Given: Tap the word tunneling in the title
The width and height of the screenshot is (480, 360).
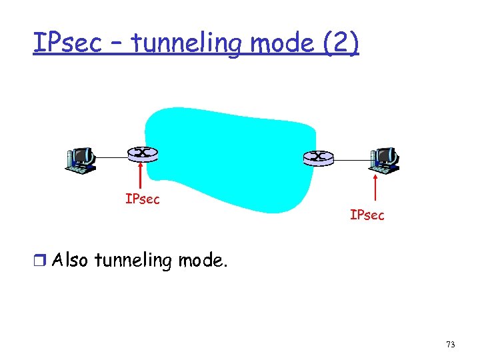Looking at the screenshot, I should tap(189, 43).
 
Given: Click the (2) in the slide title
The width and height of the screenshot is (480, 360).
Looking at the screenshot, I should tap(340, 43).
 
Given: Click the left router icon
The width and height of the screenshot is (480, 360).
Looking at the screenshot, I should tap(142, 153).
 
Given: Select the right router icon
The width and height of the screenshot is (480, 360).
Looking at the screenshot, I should tap(317, 157).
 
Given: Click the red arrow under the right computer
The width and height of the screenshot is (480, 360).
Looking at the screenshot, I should tap(376, 186).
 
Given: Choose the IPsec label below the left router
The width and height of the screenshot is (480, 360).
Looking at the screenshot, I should tap(143, 199).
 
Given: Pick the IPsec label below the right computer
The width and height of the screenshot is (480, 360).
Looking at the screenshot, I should tap(367, 215).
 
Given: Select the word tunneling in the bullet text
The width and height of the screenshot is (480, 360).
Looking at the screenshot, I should tap(133, 260).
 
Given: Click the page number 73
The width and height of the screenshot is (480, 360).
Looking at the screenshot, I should tap(451, 345).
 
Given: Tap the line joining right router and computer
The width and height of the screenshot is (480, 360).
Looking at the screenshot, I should tap(351, 159).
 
